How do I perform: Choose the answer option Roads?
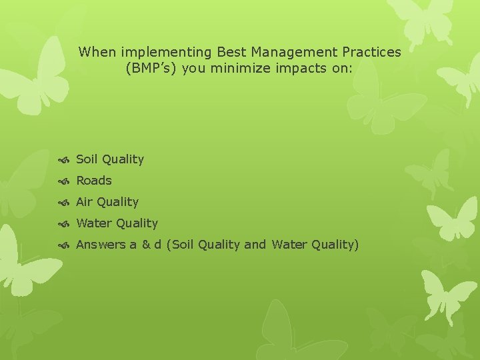coord(94,181)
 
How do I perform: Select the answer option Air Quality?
coord(107,202)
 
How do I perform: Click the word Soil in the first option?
coord(87,159)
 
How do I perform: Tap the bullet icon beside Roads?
coord(65,181)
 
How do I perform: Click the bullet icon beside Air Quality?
coord(65,202)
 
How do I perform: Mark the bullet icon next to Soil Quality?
coord(65,159)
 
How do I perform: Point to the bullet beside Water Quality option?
coord(65,223)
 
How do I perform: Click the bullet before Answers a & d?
coord(65,245)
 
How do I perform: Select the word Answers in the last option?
coord(101,245)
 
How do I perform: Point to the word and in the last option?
coord(255,245)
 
